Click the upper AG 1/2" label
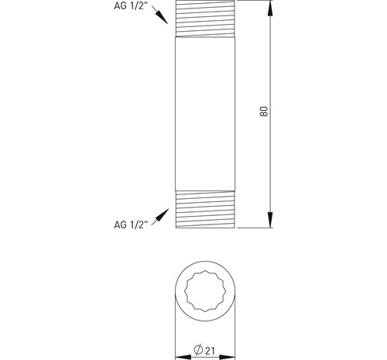tap(131, 6)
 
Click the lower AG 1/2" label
tap(131, 225)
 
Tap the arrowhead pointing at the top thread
tap(163, 18)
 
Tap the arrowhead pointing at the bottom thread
tap(163, 215)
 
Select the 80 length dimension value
tap(264, 111)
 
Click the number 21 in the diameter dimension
tap(210, 351)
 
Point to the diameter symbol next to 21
tap(198, 350)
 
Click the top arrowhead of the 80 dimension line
tap(270, 9)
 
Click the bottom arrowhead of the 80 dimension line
tap(270, 220)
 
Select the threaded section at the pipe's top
tap(205, 19)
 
